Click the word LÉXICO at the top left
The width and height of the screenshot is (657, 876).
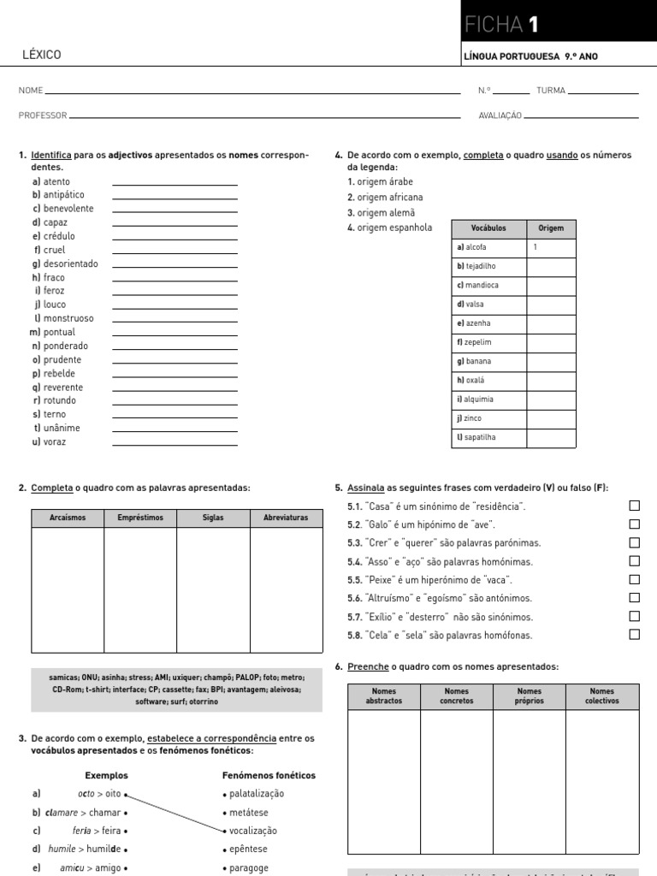(x=41, y=56)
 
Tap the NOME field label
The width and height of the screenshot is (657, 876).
(x=30, y=90)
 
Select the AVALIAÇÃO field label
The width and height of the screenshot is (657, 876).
(x=500, y=115)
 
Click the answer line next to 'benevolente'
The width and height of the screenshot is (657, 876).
(x=175, y=210)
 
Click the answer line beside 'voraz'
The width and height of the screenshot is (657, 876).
(x=175, y=442)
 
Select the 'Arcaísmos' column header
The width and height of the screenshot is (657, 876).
(x=68, y=518)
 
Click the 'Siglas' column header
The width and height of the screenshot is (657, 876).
(x=213, y=518)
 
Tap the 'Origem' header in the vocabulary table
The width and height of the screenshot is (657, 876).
(x=550, y=229)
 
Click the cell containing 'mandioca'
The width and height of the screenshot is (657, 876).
(x=489, y=286)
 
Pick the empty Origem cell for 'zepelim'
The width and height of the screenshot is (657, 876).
(x=550, y=342)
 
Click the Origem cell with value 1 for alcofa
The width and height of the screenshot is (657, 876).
(x=550, y=247)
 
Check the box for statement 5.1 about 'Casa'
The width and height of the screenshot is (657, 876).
(x=634, y=506)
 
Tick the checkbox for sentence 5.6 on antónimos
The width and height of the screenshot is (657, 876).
(x=634, y=598)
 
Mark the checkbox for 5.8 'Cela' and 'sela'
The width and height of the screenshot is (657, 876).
(x=634, y=635)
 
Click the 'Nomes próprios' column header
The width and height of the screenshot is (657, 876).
(x=530, y=696)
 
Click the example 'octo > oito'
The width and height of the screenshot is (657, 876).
(x=99, y=794)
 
